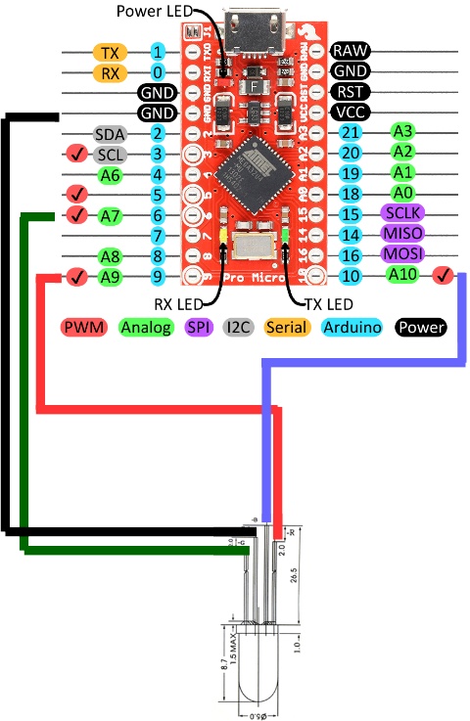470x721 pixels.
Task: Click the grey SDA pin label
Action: pos(109,133)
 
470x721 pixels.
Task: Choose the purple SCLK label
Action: pos(401,213)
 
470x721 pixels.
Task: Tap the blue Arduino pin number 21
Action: pos(351,133)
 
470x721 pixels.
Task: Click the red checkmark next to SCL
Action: pos(75,155)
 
